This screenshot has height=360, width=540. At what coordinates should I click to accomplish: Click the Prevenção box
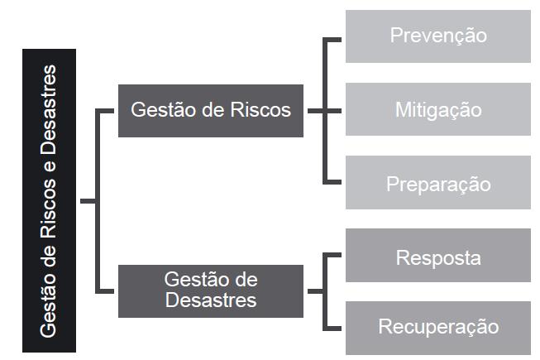click(437, 36)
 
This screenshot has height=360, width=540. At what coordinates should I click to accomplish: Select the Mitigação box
click(437, 109)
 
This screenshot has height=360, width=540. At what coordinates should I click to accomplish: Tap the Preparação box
click(437, 183)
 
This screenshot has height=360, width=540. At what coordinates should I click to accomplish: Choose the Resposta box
click(437, 257)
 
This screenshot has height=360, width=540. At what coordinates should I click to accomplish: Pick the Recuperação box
click(437, 327)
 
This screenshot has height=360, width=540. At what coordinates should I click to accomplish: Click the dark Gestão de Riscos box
click(211, 110)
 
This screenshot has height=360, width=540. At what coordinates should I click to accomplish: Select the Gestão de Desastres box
click(211, 290)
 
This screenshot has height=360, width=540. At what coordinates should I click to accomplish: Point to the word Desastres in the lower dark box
click(211, 300)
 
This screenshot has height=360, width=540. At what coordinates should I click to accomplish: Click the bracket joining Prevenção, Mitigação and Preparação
click(326, 110)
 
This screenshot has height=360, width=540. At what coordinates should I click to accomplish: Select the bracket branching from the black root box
click(99, 200)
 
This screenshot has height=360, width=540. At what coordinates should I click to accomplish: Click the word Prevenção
click(437, 36)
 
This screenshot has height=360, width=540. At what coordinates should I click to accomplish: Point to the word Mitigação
click(437, 109)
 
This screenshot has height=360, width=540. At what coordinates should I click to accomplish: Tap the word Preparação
click(437, 183)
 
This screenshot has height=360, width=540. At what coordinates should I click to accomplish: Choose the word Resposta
click(437, 257)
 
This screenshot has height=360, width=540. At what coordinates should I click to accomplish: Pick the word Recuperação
click(437, 327)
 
